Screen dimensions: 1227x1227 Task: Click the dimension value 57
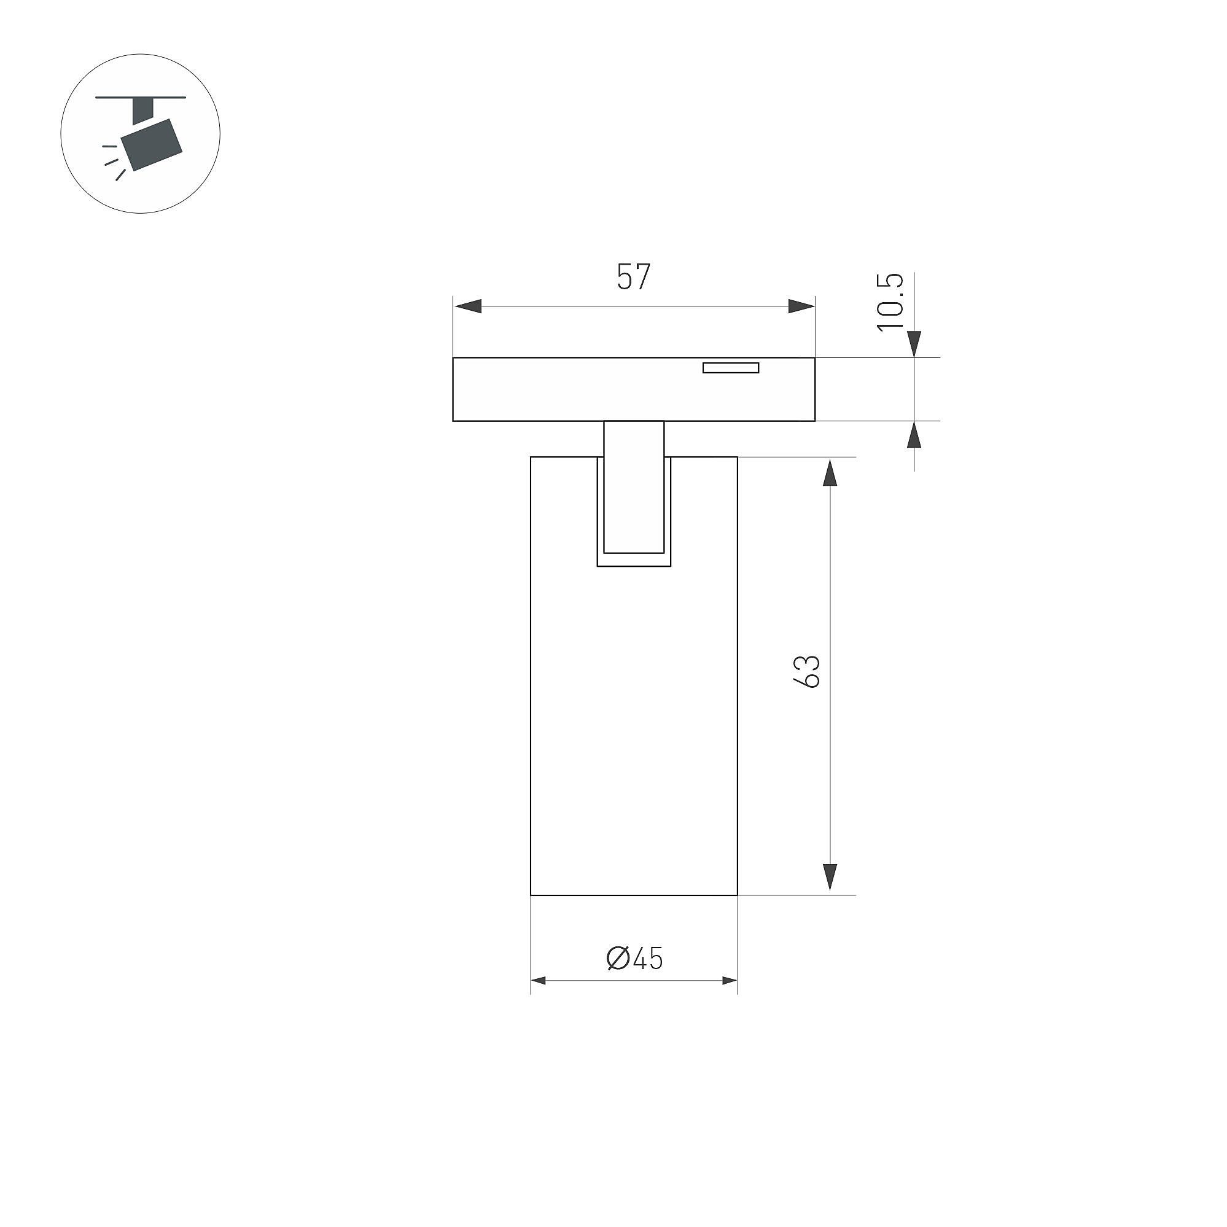[x=634, y=277]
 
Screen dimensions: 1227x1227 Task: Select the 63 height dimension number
[x=807, y=671]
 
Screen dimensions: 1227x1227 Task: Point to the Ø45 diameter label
[x=634, y=959]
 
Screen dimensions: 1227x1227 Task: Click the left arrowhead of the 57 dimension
[x=467, y=306]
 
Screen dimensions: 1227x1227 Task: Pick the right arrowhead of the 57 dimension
[x=801, y=306]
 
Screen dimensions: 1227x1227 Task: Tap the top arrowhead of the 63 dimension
[x=830, y=472]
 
